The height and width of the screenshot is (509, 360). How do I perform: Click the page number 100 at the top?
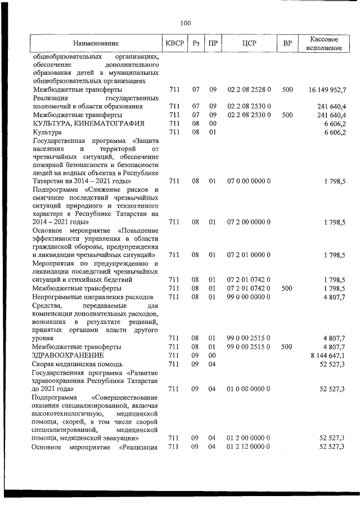[x=186, y=23]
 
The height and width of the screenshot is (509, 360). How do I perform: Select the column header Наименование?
[x=96, y=43]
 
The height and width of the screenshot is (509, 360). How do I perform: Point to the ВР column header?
[x=287, y=43]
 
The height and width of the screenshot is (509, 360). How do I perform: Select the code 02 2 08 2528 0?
[x=249, y=90]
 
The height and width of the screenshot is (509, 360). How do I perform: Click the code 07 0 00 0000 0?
[x=249, y=181]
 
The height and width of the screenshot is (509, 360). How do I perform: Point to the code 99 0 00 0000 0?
[x=249, y=296]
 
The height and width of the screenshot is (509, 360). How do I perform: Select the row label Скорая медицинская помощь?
[x=75, y=364]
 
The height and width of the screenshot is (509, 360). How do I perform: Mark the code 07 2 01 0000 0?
[x=249, y=255]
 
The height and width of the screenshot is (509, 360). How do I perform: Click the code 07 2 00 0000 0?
[x=249, y=222]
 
